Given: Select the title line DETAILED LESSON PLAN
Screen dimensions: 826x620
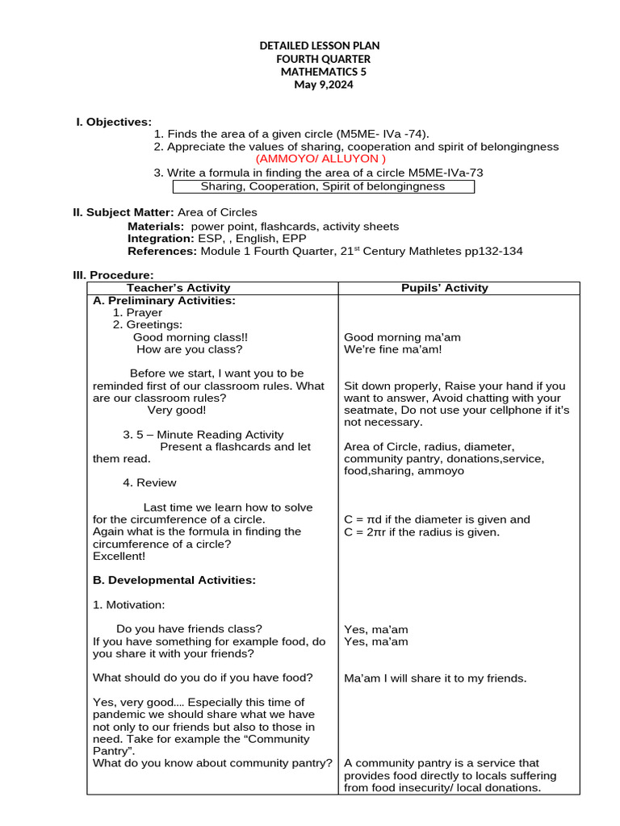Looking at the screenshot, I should pyautogui.click(x=320, y=46).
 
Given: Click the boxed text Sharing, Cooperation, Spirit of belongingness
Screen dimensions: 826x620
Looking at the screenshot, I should pyautogui.click(x=323, y=186).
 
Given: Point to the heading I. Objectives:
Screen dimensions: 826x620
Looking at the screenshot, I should pyautogui.click(x=113, y=122).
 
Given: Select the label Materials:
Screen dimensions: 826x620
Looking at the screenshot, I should pyautogui.click(x=156, y=227).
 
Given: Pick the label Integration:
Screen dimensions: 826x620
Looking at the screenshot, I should pyautogui.click(x=161, y=239).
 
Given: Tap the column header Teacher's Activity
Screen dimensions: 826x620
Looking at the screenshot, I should pyautogui.click(x=178, y=288).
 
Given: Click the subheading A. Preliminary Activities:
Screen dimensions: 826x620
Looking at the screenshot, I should pyautogui.click(x=164, y=300).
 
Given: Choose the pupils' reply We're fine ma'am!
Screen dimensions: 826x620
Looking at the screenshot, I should pyautogui.click(x=392, y=349).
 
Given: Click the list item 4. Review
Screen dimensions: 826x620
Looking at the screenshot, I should pyautogui.click(x=149, y=482).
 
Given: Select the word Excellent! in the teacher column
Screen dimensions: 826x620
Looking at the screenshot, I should pyautogui.click(x=119, y=556).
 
